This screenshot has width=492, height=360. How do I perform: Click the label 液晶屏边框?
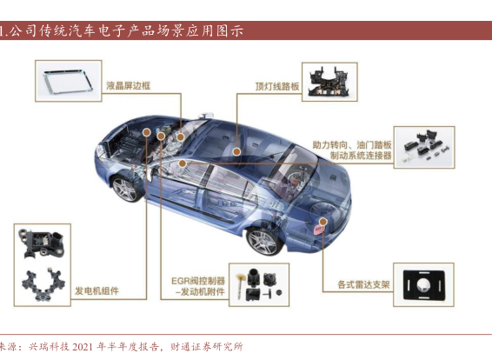(x=129, y=86)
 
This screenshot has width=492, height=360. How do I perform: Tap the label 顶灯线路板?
(x=277, y=86)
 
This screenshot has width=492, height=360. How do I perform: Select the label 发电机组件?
(x=96, y=291)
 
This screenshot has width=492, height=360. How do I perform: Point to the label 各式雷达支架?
(x=363, y=284)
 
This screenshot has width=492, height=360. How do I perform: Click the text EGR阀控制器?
(x=198, y=281)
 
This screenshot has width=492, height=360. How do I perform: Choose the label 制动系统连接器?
(x=361, y=156)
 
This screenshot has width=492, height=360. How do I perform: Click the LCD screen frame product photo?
(x=69, y=81)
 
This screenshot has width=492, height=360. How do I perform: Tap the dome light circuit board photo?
(x=329, y=82)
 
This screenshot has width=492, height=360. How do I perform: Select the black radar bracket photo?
(x=423, y=285)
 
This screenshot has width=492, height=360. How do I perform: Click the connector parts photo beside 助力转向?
(x=424, y=147)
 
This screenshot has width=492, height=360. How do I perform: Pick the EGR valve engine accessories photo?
(x=259, y=285)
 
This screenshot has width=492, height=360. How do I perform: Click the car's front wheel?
(x=125, y=189)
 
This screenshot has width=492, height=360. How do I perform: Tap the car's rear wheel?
(x=263, y=241)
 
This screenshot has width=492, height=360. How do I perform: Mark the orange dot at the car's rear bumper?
(x=322, y=222)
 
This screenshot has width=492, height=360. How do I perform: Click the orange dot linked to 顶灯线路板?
(x=236, y=152)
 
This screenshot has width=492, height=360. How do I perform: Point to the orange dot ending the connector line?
(x=183, y=163)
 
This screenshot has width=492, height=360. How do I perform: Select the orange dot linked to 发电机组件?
(x=147, y=132)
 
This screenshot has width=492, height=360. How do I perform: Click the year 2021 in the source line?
(x=83, y=347)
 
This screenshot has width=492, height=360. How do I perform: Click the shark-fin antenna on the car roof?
(x=206, y=115)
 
